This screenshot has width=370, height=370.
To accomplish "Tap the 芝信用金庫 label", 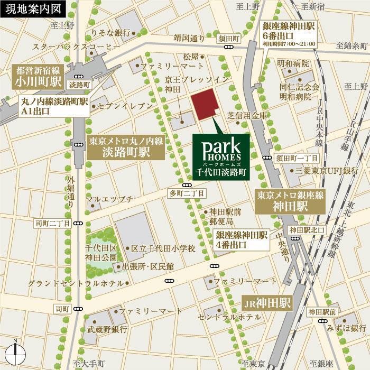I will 245,115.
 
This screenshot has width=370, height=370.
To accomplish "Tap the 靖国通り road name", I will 189,38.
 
